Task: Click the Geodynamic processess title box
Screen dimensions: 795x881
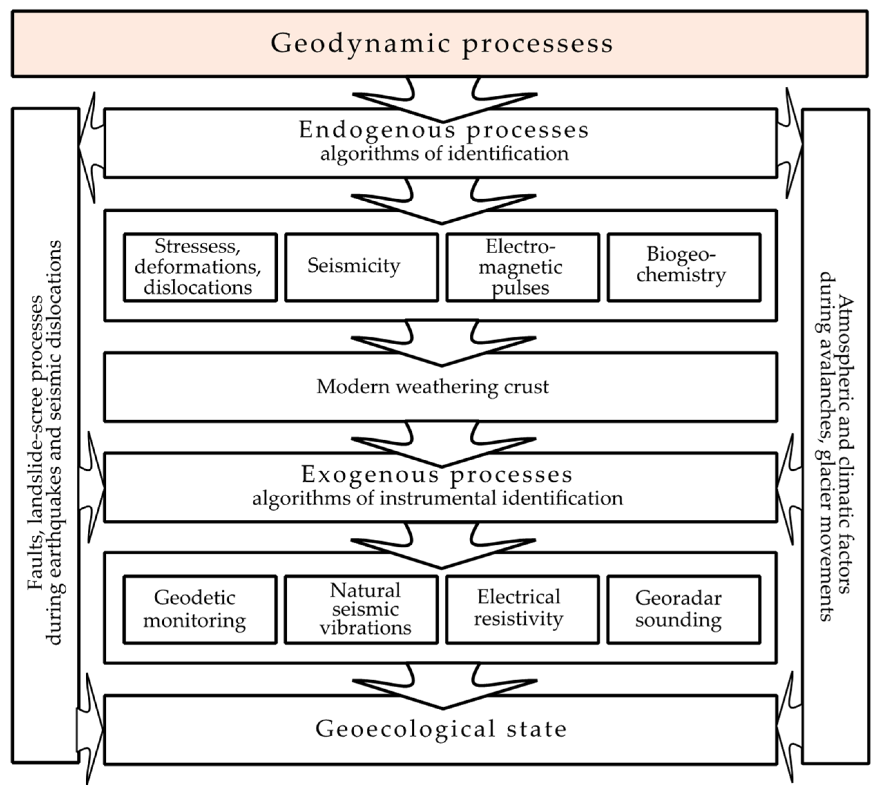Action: (x=440, y=44)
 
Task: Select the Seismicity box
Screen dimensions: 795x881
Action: (x=361, y=267)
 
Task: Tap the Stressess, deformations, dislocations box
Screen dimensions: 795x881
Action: (x=200, y=267)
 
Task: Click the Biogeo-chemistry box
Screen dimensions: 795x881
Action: (x=683, y=267)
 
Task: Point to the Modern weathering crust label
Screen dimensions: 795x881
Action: (x=432, y=386)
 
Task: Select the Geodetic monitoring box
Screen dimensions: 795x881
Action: (x=200, y=609)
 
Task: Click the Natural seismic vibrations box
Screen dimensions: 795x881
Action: (x=361, y=609)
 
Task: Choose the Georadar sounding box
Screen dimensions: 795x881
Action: (x=683, y=609)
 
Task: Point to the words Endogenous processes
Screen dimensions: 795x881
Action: (x=443, y=130)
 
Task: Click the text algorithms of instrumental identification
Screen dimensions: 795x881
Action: (x=437, y=498)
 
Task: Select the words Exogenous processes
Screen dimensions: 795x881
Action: (x=437, y=475)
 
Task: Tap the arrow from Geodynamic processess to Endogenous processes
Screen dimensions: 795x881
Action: (x=443, y=103)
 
